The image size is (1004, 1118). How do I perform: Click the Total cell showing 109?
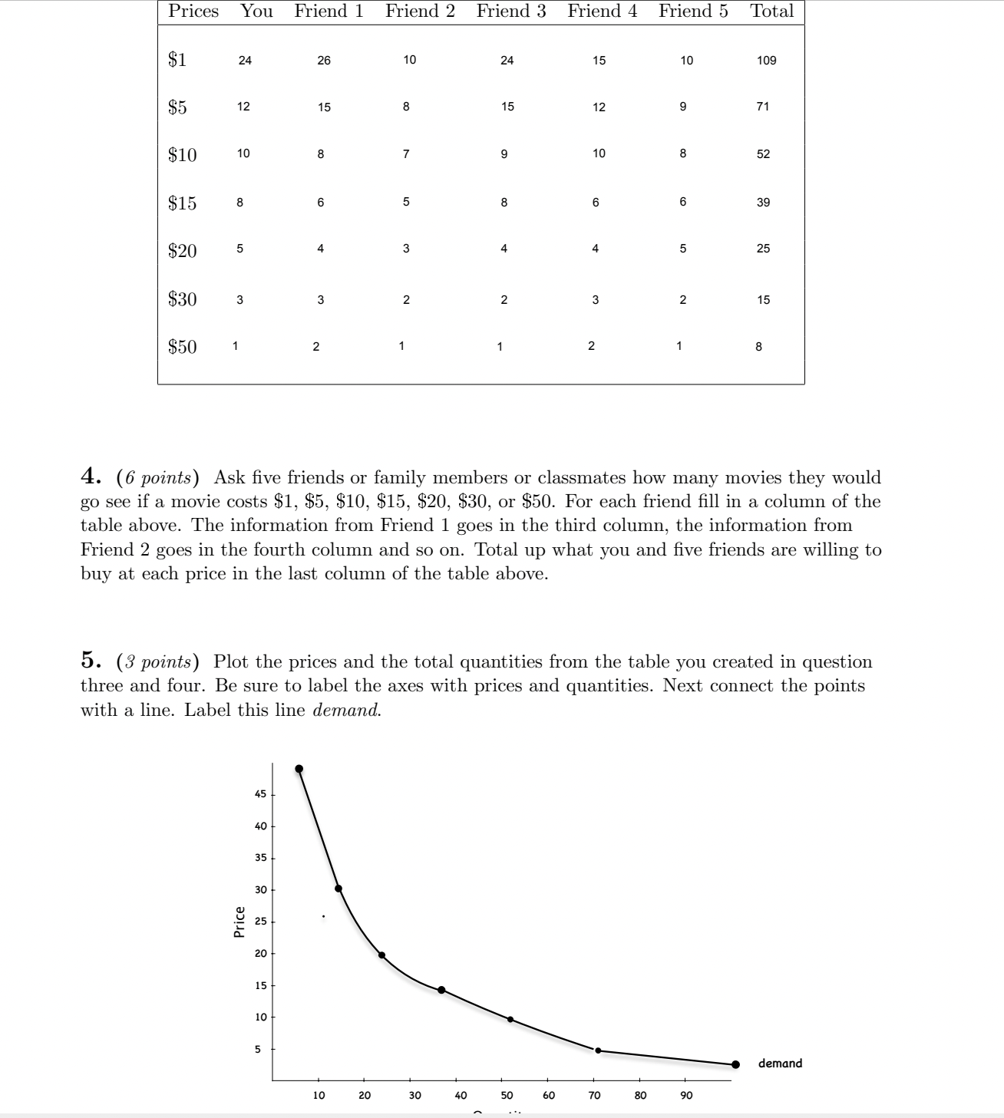766,61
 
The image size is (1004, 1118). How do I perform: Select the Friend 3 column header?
511,11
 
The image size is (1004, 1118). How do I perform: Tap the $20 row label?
182,251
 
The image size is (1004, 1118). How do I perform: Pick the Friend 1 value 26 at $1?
324,61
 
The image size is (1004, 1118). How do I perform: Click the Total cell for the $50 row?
758,347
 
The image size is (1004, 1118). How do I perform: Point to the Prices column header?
193,11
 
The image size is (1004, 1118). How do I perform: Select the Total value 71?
762,107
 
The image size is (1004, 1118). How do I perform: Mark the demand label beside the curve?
780,1064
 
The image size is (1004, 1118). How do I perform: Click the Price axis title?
239,922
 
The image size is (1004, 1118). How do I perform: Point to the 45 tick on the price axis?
260,794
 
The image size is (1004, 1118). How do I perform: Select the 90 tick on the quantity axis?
686,1096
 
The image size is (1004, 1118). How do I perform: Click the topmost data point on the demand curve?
299,769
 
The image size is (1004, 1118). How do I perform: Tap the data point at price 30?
339,889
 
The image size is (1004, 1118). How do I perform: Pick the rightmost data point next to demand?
735,1064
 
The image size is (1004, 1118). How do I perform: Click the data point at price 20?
381,955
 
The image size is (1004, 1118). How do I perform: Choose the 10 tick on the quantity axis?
319,1096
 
